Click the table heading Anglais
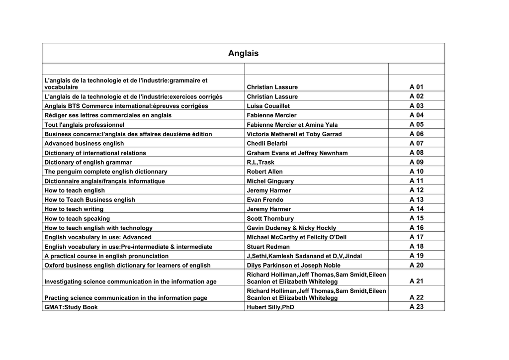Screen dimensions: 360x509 click(243, 53)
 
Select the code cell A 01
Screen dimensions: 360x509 click(416, 87)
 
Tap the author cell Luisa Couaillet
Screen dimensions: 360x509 click(268, 106)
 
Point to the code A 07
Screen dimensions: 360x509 click(416, 143)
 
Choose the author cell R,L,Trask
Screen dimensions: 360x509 click(260, 162)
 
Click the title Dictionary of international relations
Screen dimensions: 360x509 click(95, 153)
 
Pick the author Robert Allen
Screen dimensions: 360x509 click(264, 172)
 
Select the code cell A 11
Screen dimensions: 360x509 click(416, 180)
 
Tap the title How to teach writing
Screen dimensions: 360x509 click(74, 209)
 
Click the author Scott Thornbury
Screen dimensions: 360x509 click(270, 219)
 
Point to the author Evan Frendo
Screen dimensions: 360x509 click(265, 200)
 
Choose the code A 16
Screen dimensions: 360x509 click(416, 228)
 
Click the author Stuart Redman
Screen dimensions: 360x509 click(268, 247)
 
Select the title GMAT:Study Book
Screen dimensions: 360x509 click(71, 307)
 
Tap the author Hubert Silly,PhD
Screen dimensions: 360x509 click(271, 307)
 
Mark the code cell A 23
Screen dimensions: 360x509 click(416, 307)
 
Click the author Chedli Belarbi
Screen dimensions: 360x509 click(267, 144)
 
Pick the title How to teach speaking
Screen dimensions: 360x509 click(77, 219)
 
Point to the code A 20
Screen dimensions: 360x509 click(416, 265)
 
